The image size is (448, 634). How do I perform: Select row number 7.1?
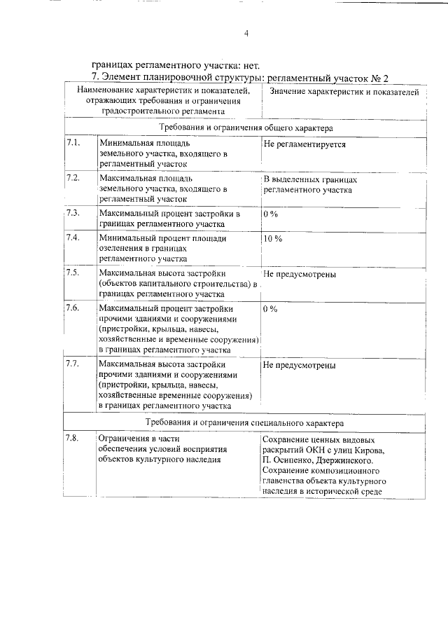pos(73,142)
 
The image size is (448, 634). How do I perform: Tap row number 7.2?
pos(73,178)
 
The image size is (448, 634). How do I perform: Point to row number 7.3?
pos(73,212)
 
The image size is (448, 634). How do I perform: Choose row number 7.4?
pos(73,237)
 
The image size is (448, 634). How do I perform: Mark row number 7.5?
pos(73,273)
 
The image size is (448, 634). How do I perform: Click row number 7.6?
pos(73,308)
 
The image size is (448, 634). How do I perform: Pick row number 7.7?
pos(73,364)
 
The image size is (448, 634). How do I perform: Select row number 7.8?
pos(73,438)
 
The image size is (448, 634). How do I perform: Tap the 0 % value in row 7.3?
pos(270,213)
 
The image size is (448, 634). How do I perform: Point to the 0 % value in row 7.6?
pos(270,308)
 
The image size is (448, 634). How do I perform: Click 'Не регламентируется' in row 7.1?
pos(304,143)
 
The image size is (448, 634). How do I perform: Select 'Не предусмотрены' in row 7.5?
pos(300,273)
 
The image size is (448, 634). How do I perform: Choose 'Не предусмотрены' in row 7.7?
pos(300,365)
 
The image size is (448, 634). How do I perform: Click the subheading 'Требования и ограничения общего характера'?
pos(246,128)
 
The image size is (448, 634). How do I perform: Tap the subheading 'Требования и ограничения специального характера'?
pos(245,424)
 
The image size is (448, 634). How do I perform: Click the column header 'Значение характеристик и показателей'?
pos(344,92)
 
